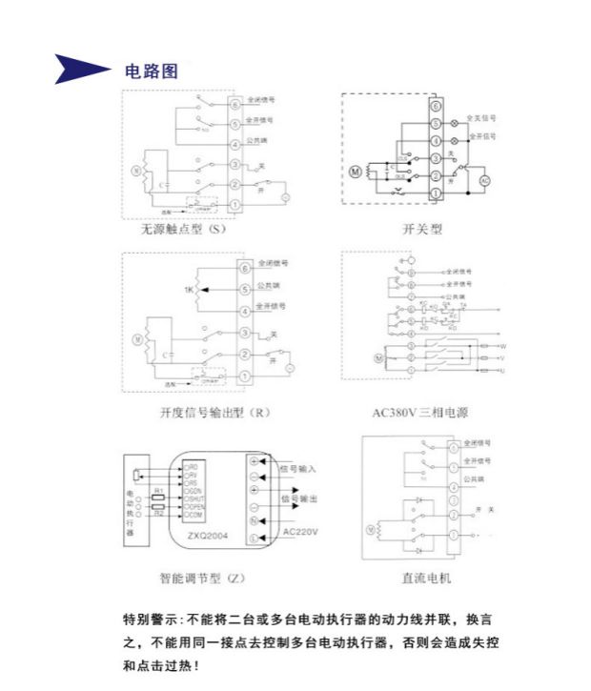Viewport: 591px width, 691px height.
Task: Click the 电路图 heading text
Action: pos(152,71)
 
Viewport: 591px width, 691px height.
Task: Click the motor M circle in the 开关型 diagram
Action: pos(357,173)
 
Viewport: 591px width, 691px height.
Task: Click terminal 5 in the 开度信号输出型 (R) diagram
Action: pos(245,287)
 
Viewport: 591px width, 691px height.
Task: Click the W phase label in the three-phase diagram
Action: pos(501,346)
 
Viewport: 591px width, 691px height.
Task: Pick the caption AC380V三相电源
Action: pos(420,413)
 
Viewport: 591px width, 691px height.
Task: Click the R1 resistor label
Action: pos(159,490)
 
